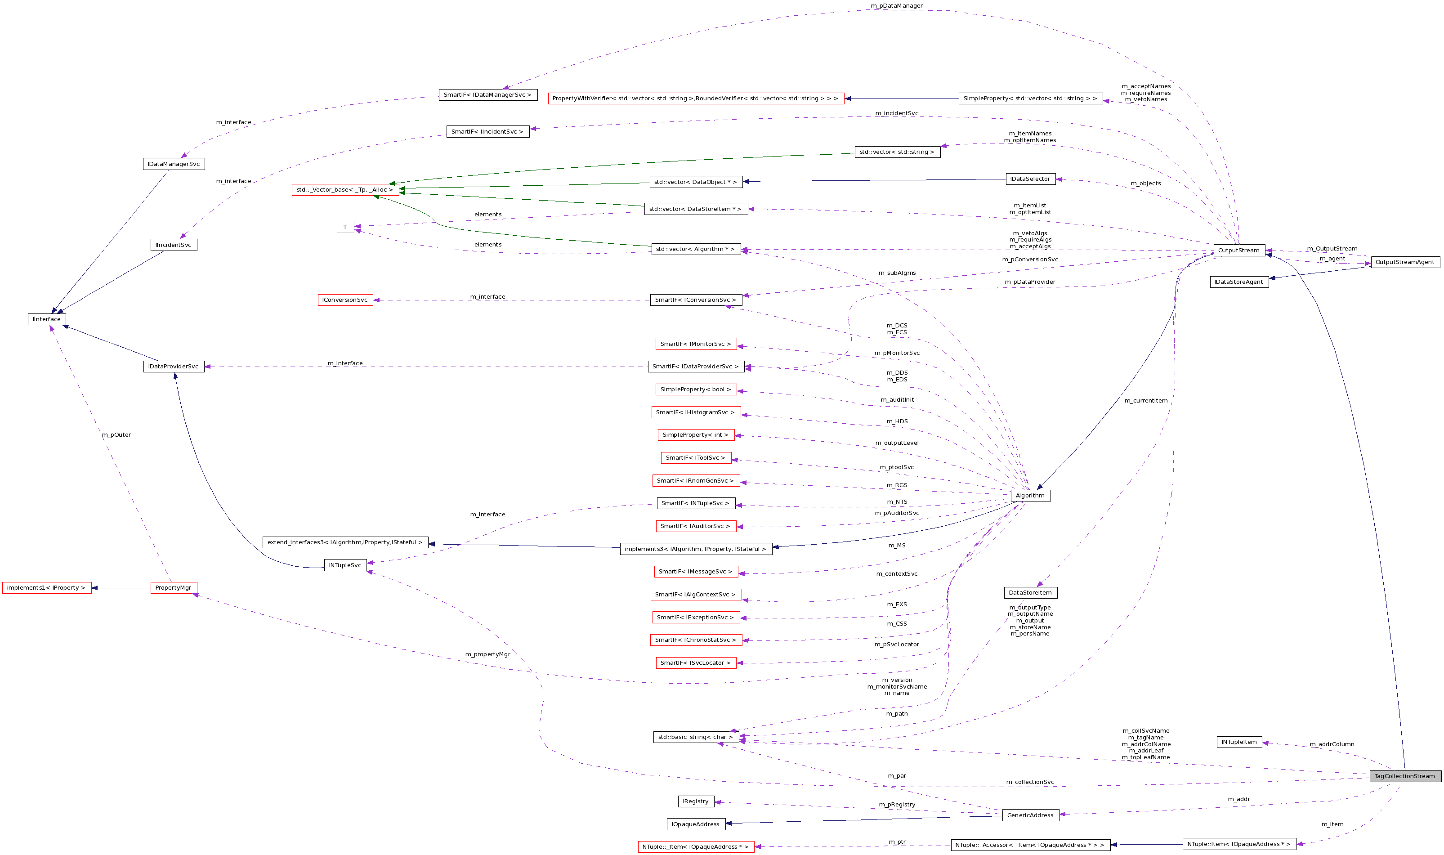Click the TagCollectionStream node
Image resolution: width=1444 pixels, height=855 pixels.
(x=1405, y=776)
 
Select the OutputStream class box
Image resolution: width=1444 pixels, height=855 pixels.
(x=1238, y=250)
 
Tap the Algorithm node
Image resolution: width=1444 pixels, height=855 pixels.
(x=1030, y=496)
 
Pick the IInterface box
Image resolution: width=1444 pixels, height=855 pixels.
(x=47, y=319)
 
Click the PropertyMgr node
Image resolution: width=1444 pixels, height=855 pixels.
(x=174, y=588)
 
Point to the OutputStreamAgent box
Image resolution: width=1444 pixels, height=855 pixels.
(x=1404, y=262)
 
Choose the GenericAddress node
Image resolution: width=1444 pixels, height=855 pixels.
(x=1030, y=815)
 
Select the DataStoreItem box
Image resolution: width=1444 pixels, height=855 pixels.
(x=1030, y=592)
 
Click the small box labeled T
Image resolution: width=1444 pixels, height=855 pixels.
(x=345, y=227)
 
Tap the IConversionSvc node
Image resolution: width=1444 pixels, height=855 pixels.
(x=345, y=300)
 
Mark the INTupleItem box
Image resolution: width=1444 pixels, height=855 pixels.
(x=1239, y=742)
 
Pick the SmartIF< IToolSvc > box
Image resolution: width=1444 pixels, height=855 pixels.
(x=695, y=457)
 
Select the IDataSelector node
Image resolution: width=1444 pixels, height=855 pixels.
(x=1030, y=179)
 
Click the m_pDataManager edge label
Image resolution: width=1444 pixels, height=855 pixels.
(x=896, y=6)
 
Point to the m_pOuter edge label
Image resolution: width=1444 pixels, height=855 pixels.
(x=116, y=435)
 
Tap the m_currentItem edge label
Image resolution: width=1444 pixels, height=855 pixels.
(x=1146, y=400)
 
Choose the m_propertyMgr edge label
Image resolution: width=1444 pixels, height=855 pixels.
(x=487, y=654)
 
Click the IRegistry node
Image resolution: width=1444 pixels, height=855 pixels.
(x=695, y=801)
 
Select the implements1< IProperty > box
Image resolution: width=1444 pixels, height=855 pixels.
(x=47, y=588)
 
